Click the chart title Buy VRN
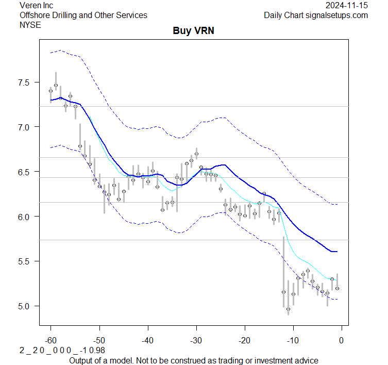pos(193,31)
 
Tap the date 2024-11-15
pos(347,5)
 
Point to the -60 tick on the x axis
pos(50,340)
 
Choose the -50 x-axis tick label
pos(99,340)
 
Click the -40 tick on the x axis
pos(147,340)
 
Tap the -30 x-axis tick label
pos(196,340)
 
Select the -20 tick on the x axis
pos(244,340)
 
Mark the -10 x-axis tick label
pos(293,340)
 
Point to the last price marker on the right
pos(337,288)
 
